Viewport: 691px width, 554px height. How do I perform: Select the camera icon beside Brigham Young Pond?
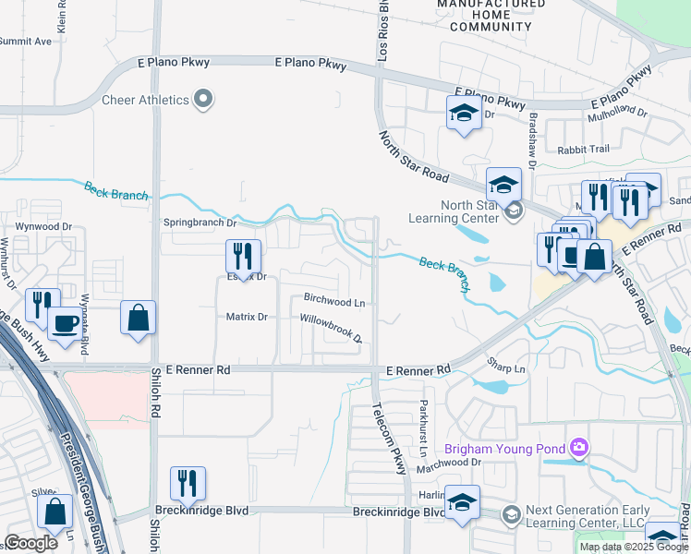click(x=579, y=449)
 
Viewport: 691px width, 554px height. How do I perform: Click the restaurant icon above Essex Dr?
click(x=243, y=255)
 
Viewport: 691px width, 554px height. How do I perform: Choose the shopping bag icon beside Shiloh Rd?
click(x=138, y=318)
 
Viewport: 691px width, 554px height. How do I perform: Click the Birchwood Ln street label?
click(x=334, y=301)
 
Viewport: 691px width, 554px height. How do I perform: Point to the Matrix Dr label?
click(x=247, y=317)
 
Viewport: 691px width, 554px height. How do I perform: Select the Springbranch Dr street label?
click(x=200, y=223)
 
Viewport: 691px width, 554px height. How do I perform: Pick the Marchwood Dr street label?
click(x=451, y=463)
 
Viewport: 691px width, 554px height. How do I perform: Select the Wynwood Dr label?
click(x=43, y=226)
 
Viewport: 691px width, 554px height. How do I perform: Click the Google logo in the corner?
click(x=30, y=542)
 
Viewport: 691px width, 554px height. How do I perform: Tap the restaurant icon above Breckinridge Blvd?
click(x=188, y=482)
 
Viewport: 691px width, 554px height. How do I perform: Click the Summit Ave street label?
click(x=25, y=42)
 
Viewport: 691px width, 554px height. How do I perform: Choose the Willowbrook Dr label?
click(x=330, y=328)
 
